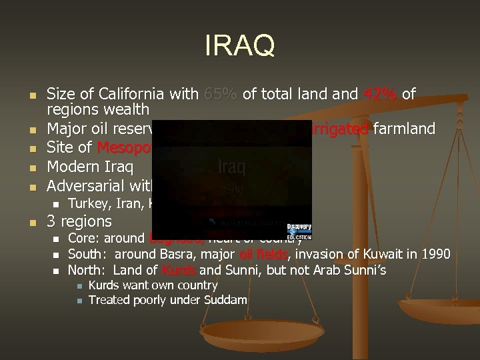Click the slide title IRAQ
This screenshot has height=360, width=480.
click(240, 47)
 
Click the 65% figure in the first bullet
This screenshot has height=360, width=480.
click(221, 95)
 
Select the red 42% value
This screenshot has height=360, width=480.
click(379, 95)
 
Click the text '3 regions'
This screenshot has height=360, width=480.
click(79, 221)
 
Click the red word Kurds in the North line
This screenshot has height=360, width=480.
click(178, 270)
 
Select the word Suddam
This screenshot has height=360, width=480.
click(227, 300)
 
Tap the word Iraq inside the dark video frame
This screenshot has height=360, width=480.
click(231, 167)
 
